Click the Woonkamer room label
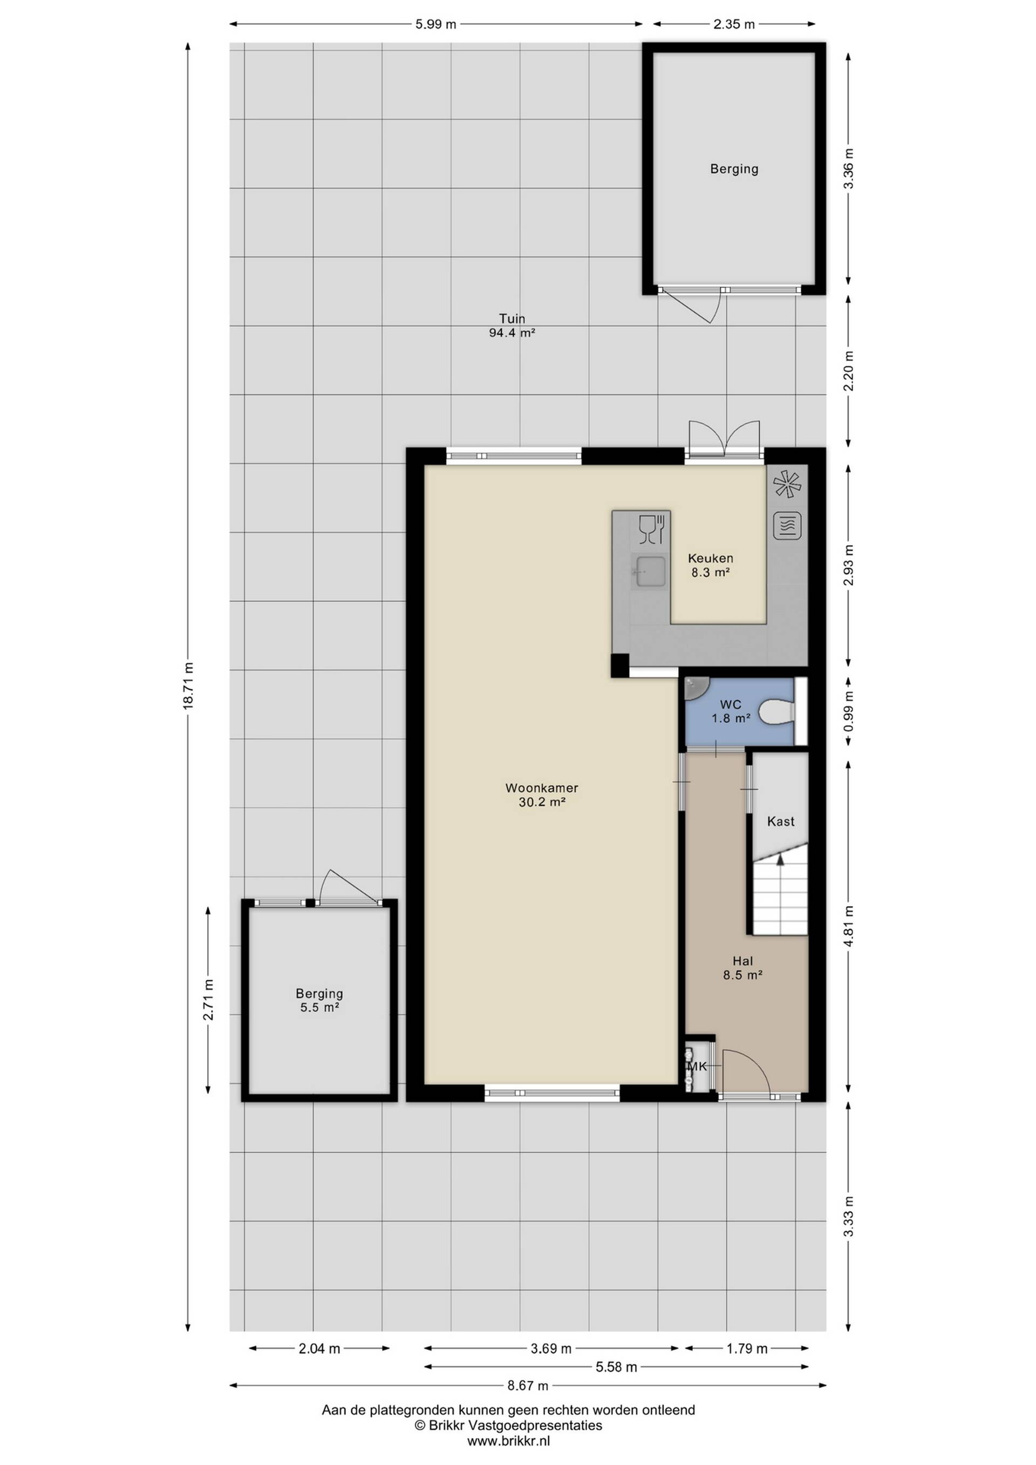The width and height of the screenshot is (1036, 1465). tap(542, 788)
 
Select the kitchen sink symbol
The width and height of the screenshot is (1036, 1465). tap(650, 568)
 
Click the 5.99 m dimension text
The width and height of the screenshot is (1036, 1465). tap(435, 24)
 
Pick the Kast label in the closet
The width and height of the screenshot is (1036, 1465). tap(781, 822)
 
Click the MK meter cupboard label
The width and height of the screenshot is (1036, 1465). tap(697, 1066)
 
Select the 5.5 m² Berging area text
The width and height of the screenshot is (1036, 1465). tap(319, 1007)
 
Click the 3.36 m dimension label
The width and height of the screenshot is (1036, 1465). tap(848, 169)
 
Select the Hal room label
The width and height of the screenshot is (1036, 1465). tap(743, 961)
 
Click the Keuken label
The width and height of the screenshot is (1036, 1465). tap(710, 558)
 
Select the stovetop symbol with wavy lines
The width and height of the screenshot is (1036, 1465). tap(788, 526)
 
